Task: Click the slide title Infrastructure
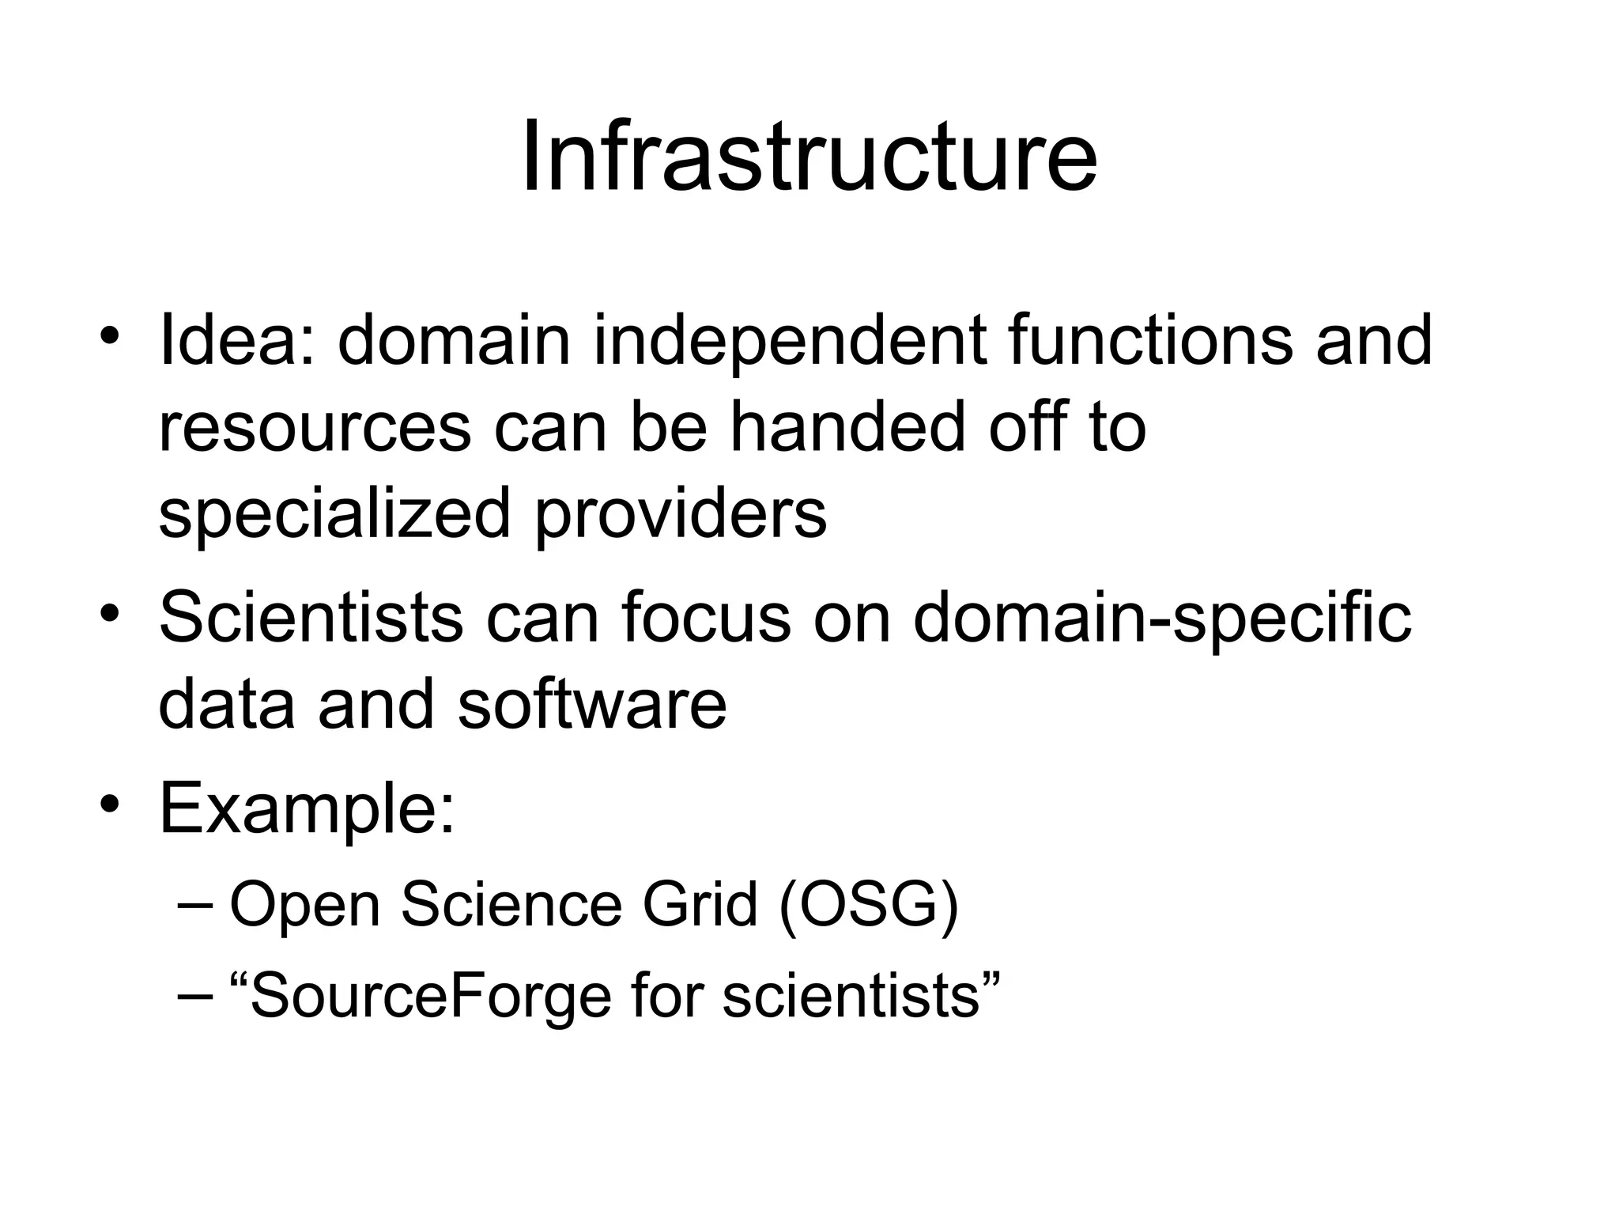pyautogui.click(x=809, y=156)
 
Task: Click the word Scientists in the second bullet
pyautogui.click(x=311, y=618)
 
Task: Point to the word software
pyautogui.click(x=591, y=704)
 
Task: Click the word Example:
pyautogui.click(x=307, y=808)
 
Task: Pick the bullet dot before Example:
pyautogui.click(x=110, y=804)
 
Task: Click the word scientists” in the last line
pyautogui.click(x=862, y=995)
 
